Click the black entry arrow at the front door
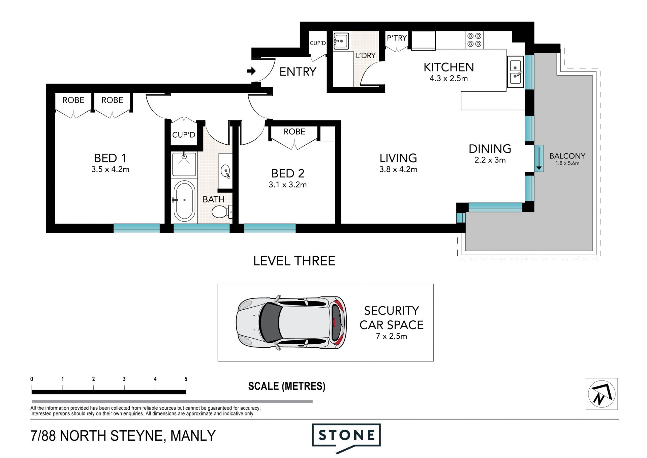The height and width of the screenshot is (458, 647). pos(251,71)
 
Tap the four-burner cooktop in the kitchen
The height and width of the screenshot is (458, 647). pos(474,40)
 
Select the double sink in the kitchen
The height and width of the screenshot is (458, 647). pos(515,72)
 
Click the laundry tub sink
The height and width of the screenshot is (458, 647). pos(341,41)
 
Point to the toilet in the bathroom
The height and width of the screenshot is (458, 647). pos(221,212)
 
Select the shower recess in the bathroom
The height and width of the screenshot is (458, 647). pos(184,164)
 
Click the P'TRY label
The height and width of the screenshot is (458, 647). pos(397,38)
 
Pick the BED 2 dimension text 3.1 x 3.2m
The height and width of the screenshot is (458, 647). pos(288,185)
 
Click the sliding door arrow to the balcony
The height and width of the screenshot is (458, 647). pos(539,159)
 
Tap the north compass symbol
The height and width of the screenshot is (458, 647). pos(602,394)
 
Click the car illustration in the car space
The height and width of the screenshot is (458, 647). pos(291,323)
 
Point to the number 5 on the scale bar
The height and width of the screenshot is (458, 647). pos(186,379)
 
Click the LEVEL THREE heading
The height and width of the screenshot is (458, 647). pos(294,261)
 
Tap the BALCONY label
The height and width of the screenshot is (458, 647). pos(567,156)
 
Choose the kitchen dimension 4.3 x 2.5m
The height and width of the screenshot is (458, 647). pos(449,79)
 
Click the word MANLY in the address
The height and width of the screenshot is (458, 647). pos(193,436)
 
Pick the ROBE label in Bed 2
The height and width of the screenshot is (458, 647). pos(294,132)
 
